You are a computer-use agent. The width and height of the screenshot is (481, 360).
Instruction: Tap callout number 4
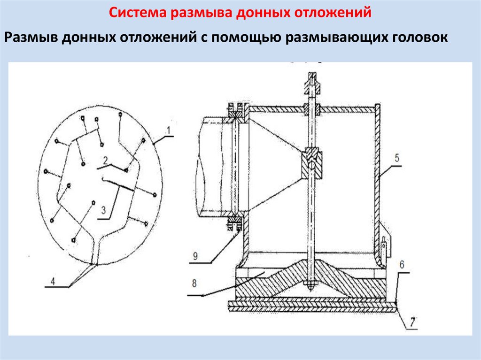pos(53,282)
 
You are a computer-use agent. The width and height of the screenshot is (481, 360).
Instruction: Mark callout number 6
pos(402,265)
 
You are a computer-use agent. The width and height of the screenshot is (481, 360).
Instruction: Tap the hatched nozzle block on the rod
pos(312,163)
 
